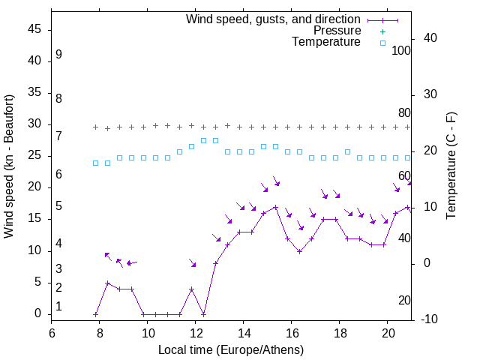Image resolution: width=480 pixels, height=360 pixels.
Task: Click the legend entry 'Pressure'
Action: [337, 31]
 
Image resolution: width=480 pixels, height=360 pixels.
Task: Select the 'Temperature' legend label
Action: [326, 43]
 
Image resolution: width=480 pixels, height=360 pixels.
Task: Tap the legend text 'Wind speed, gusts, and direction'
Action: [274, 19]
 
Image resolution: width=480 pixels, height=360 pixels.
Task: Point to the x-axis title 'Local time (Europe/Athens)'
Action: [231, 350]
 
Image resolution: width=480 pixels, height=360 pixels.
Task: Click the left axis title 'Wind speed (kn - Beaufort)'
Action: [9, 167]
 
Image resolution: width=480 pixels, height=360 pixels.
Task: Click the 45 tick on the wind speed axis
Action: [34, 30]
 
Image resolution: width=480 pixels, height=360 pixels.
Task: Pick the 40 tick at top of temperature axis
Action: [430, 38]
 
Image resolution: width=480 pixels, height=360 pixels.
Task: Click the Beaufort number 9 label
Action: [58, 55]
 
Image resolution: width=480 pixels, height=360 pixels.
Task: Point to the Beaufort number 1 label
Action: [58, 307]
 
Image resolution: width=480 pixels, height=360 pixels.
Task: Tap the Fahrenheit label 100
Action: [401, 50]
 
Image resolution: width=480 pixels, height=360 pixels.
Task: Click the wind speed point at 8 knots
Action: [215, 263]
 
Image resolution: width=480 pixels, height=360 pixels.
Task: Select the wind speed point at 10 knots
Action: [299, 251]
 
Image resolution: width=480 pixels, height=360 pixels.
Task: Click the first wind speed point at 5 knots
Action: [107, 283]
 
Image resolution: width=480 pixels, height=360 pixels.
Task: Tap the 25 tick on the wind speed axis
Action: [34, 156]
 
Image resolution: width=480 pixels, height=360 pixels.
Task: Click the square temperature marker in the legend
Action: [382, 43]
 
